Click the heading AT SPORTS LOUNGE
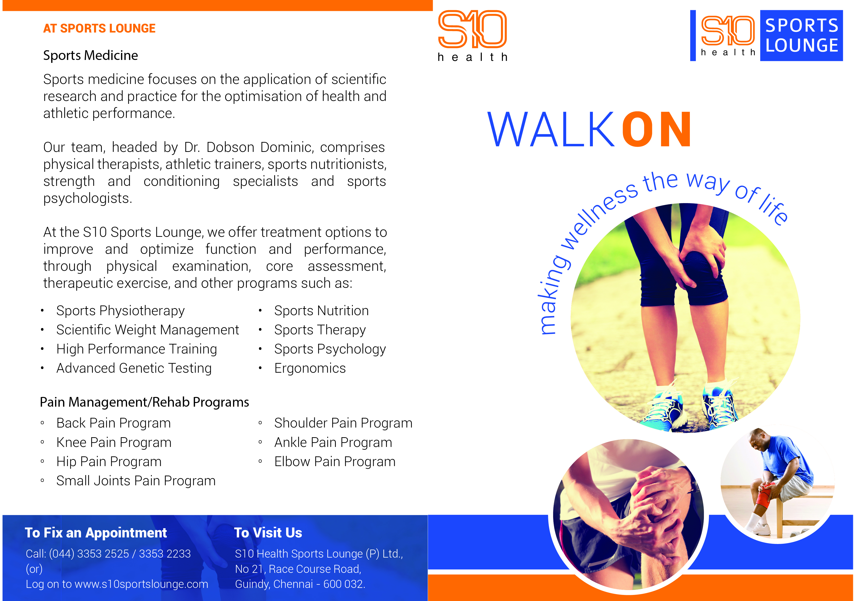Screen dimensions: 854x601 [x=99, y=28]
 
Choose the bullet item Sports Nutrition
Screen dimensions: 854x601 [x=321, y=311]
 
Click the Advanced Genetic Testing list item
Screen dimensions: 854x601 [x=134, y=368]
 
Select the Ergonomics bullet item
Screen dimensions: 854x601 [x=310, y=368]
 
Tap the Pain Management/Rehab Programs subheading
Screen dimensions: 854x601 [x=144, y=402]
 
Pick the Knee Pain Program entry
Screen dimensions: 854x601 [x=114, y=443]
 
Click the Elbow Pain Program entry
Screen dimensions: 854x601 [x=335, y=462]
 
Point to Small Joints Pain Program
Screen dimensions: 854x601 [x=136, y=481]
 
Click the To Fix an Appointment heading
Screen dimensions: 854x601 [x=96, y=533]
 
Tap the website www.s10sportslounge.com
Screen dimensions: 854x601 [x=141, y=584]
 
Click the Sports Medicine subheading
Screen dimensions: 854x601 [x=90, y=56]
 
